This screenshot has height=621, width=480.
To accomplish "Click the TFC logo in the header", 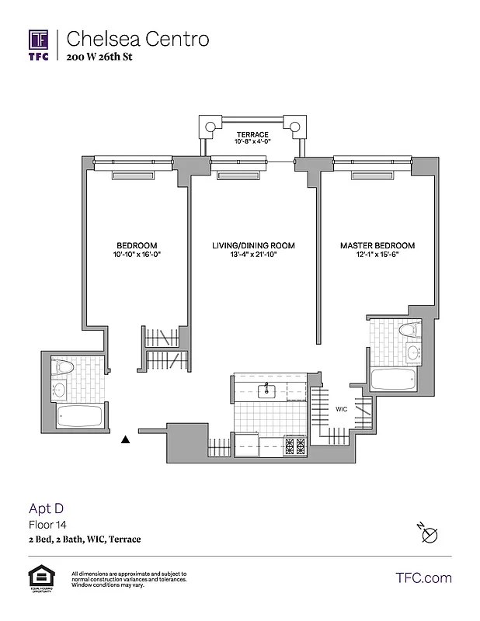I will pyautogui.click(x=39, y=43).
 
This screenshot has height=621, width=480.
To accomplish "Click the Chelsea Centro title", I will pyautogui.click(x=137, y=38).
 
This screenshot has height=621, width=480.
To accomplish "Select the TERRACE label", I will pyautogui.click(x=252, y=134).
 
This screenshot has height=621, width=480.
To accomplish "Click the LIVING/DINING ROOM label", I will pyautogui.click(x=253, y=245).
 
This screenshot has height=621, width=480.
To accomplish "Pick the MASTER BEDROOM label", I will pyautogui.click(x=377, y=245).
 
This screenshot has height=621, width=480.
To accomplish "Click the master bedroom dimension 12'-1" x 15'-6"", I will pyautogui.click(x=377, y=255).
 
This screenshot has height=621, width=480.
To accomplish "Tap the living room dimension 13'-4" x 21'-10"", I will pyautogui.click(x=253, y=255).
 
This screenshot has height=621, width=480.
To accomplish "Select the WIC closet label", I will pyautogui.click(x=341, y=408).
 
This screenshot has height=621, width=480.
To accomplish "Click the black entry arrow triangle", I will pyautogui.click(x=125, y=440).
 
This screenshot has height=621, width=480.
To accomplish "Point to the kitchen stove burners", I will pyautogui.click(x=295, y=446).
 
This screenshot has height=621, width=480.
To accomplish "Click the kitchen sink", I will pyautogui.click(x=268, y=389).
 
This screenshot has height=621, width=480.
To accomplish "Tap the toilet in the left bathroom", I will pyautogui.click(x=62, y=366).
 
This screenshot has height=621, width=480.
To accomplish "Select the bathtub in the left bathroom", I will pyautogui.click(x=80, y=416).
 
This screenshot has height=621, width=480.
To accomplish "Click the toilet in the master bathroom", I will pyautogui.click(x=409, y=331).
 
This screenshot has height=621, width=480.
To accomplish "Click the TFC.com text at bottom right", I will pyautogui.click(x=423, y=578).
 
